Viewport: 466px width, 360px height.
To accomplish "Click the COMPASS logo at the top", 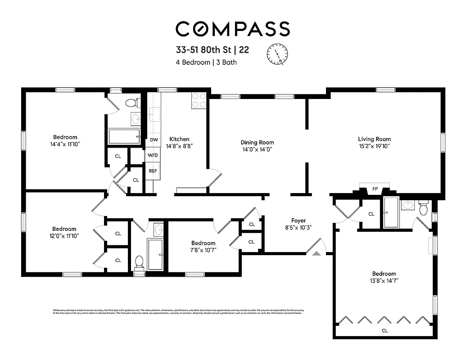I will (232, 29).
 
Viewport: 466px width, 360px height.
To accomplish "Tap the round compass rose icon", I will (277, 54).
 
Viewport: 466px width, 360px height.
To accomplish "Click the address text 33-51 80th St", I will (203, 50).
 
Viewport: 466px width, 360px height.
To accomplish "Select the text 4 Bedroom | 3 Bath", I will (206, 63).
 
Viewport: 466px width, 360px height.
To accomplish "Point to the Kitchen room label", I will (179, 139).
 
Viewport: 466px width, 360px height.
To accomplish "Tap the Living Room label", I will (374, 139).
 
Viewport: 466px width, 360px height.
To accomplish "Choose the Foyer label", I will (298, 220).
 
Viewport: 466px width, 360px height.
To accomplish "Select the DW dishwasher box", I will (154, 140).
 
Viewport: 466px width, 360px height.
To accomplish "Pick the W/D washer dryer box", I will (153, 156).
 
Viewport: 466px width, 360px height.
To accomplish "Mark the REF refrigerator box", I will (153, 171).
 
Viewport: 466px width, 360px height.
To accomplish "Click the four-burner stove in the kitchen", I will (199, 100).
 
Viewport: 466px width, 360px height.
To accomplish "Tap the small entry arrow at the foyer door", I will (316, 254).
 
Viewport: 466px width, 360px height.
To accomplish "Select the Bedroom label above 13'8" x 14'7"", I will (384, 274).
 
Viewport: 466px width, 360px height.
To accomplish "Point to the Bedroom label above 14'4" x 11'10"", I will (65, 137).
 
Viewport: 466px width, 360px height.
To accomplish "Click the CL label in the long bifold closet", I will (385, 331).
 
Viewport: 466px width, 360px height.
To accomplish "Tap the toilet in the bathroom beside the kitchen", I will (131, 103).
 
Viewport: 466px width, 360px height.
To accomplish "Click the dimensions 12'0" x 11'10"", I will (64, 236).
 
